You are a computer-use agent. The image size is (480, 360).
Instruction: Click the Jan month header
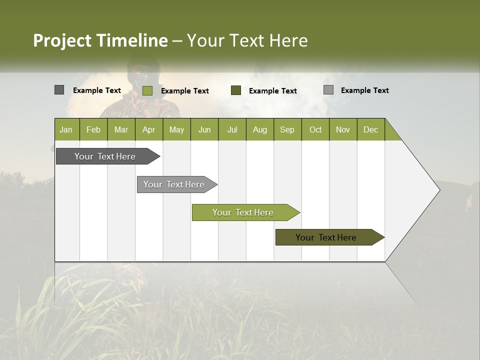click(x=66, y=129)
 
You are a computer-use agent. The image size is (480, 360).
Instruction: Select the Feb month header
click(x=93, y=129)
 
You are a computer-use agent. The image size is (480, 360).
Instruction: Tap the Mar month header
click(x=121, y=129)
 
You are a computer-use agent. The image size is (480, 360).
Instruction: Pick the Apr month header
click(x=149, y=129)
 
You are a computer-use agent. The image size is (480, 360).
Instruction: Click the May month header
click(x=176, y=129)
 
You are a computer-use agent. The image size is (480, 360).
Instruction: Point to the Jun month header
click(x=204, y=129)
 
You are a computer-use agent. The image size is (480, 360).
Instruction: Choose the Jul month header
click(x=232, y=129)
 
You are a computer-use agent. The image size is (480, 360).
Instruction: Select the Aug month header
click(x=260, y=129)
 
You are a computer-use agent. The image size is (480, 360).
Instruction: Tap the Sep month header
click(x=287, y=129)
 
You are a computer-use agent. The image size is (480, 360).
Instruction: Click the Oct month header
click(x=315, y=129)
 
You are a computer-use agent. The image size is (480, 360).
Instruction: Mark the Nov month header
click(x=343, y=129)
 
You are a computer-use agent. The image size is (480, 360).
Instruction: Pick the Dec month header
click(x=371, y=129)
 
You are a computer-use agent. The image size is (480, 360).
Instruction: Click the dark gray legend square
click(x=59, y=90)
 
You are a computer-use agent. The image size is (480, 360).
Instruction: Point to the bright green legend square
click(x=147, y=90)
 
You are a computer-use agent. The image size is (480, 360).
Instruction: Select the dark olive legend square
click(x=236, y=90)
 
